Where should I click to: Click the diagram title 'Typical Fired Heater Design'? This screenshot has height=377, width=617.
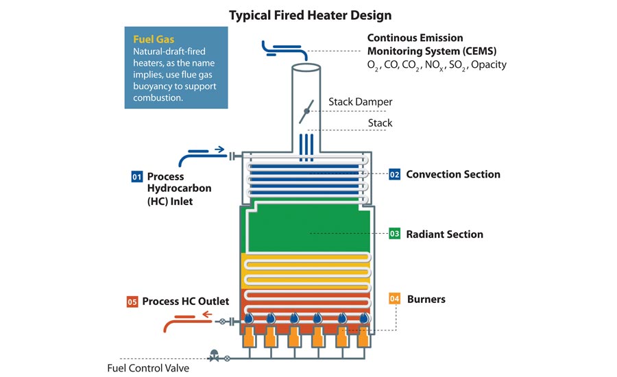click(310, 15)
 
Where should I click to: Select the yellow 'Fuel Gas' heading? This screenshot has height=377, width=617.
click(154, 39)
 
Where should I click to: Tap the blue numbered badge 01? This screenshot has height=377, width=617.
click(136, 177)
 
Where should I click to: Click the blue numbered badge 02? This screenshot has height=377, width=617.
click(394, 174)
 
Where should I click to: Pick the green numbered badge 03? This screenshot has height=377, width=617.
click(394, 234)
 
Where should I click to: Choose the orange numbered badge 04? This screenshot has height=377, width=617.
click(394, 299)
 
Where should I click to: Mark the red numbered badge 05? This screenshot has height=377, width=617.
click(132, 302)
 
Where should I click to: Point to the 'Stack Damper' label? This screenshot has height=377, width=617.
click(361, 102)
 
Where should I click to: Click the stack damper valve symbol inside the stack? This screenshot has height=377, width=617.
click(306, 111)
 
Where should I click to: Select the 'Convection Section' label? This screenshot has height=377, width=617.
click(453, 174)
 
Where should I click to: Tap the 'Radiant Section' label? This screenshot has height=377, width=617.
click(445, 234)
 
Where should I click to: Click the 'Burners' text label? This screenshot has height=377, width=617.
click(426, 299)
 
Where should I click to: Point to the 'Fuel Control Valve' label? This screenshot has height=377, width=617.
click(148, 368)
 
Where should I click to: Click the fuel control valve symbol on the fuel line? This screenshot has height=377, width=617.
click(214, 356)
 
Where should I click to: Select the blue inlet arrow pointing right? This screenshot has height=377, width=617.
click(219, 149)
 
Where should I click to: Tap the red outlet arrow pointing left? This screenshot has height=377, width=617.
click(207, 315)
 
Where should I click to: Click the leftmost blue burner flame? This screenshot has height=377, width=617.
click(249, 317)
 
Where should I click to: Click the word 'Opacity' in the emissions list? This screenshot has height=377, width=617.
click(489, 64)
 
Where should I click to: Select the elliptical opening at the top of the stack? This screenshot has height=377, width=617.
click(306, 67)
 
